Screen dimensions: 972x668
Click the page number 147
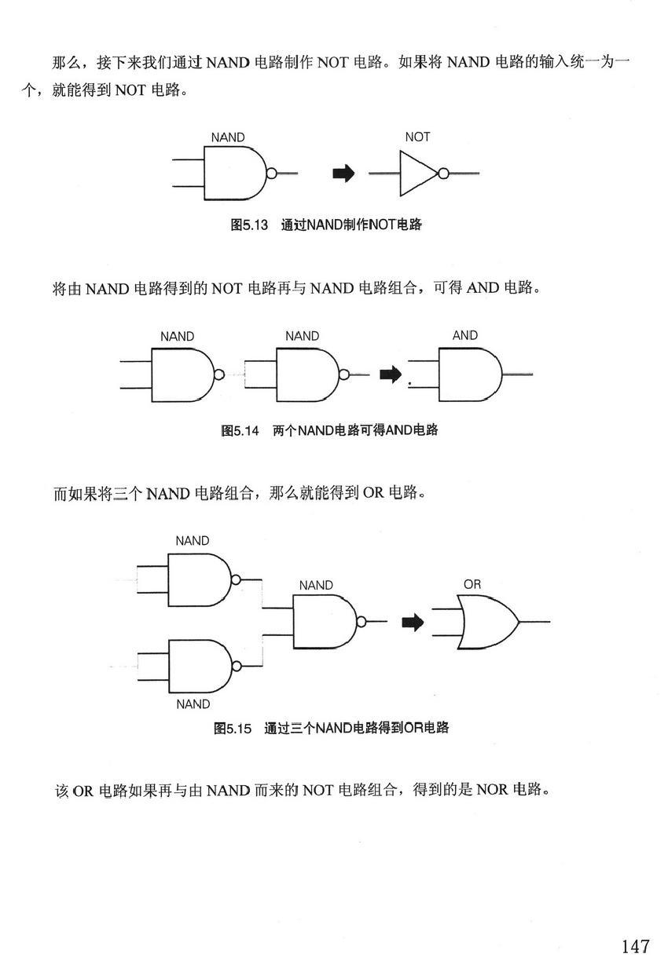635,945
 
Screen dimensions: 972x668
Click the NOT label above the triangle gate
417,137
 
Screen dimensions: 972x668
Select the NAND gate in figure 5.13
233,174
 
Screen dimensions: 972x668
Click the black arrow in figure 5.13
343,174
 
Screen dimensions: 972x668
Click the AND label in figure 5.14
464,335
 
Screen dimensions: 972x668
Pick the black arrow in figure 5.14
390,375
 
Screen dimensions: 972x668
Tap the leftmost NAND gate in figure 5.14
180,374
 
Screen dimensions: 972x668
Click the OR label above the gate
472,584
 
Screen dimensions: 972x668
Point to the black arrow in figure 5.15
413,623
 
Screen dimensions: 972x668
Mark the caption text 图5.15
233,729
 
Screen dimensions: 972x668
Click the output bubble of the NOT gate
443,174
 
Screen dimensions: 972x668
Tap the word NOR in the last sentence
493,790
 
